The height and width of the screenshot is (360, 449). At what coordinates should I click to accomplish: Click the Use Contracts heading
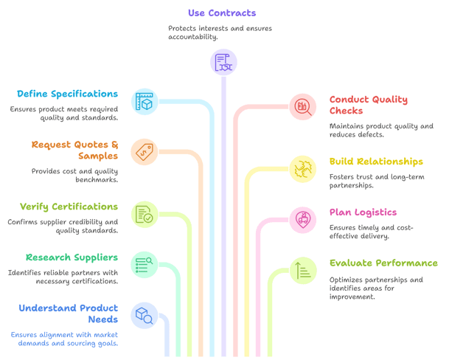point(222,13)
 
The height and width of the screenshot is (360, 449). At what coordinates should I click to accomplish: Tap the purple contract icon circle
point(223,62)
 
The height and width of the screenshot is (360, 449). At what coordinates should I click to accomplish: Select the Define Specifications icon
point(145,102)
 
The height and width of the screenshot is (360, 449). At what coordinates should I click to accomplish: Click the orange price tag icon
point(145,152)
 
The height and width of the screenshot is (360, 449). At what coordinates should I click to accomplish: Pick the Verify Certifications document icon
point(145,215)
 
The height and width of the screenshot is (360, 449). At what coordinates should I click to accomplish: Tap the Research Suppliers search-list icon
point(145,265)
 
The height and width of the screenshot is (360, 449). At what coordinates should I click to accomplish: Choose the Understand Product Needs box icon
point(145,315)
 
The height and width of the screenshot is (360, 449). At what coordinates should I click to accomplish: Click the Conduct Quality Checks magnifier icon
point(303,107)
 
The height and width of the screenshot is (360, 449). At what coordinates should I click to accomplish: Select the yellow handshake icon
point(303,169)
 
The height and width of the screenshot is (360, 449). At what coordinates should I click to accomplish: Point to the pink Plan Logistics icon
point(303,220)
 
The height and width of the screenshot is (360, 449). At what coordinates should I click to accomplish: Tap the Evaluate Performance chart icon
point(303,271)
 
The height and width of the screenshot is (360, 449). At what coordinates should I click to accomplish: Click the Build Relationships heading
point(376,162)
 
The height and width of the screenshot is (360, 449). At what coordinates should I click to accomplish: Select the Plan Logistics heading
point(363,212)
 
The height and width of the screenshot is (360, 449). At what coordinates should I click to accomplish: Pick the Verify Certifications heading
point(69,207)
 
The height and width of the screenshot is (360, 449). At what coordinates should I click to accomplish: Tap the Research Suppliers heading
point(72,257)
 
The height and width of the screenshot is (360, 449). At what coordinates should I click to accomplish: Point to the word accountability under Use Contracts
point(192,37)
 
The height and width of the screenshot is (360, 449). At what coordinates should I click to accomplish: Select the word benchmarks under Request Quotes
point(97,180)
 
